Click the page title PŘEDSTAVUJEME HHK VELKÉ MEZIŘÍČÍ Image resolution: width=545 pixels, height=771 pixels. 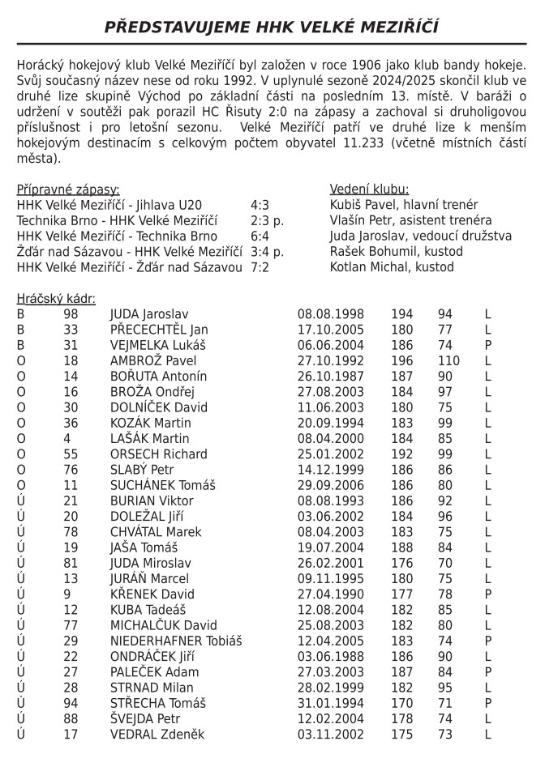(x=272, y=28)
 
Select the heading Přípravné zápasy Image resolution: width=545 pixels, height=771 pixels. (x=68, y=189)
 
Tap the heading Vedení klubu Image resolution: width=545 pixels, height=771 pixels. (x=369, y=189)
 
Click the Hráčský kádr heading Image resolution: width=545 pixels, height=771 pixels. (x=56, y=299)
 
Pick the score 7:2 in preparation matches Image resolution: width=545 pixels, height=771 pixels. (x=260, y=266)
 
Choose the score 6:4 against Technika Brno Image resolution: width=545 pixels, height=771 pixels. (x=260, y=236)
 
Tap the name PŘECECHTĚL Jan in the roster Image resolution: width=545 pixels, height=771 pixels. (x=159, y=330)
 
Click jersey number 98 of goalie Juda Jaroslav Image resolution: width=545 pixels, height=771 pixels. (x=71, y=314)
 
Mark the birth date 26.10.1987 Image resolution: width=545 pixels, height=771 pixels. (x=331, y=377)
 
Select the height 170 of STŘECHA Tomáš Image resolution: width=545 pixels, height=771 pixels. (x=402, y=703)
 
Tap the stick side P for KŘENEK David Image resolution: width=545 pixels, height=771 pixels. (x=488, y=594)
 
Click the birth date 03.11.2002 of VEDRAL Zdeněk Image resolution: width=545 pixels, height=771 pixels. (x=331, y=734)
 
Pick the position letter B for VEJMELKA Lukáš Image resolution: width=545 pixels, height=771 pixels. (x=21, y=345)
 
